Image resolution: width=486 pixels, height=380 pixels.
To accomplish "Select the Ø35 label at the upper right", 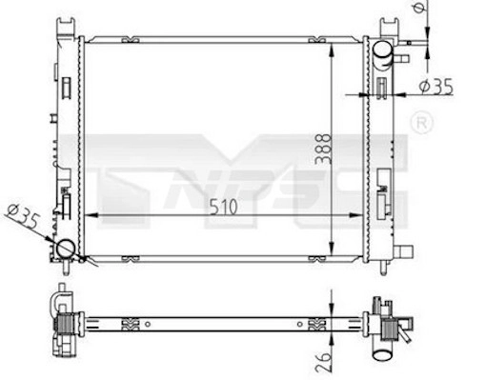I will point(435,87).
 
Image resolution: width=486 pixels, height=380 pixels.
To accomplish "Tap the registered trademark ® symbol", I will point(419,122).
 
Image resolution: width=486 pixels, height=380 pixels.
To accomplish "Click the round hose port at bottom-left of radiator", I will point(66,250).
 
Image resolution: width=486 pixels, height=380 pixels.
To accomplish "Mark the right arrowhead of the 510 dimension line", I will point(360,218).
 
